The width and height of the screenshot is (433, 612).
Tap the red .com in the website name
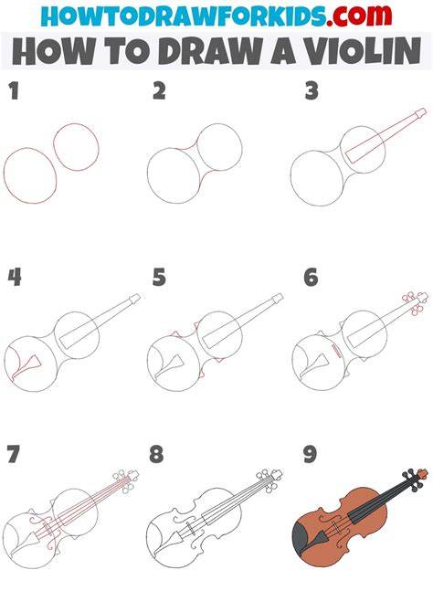coord(359,16)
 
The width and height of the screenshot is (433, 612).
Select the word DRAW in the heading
coord(210,51)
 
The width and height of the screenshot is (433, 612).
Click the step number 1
coord(14,91)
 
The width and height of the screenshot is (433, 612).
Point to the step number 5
coord(159,277)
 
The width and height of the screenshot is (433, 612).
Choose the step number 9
coord(310,454)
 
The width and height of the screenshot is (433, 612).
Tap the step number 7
coord(13,454)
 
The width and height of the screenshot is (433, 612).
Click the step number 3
coord(312,91)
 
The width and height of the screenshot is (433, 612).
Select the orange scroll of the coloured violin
coord(422,473)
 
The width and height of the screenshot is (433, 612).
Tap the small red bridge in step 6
coord(336,350)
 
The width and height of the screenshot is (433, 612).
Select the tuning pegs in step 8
coord(267,480)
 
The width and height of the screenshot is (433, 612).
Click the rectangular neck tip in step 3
coord(420,113)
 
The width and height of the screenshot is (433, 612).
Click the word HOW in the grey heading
coord(53,51)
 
